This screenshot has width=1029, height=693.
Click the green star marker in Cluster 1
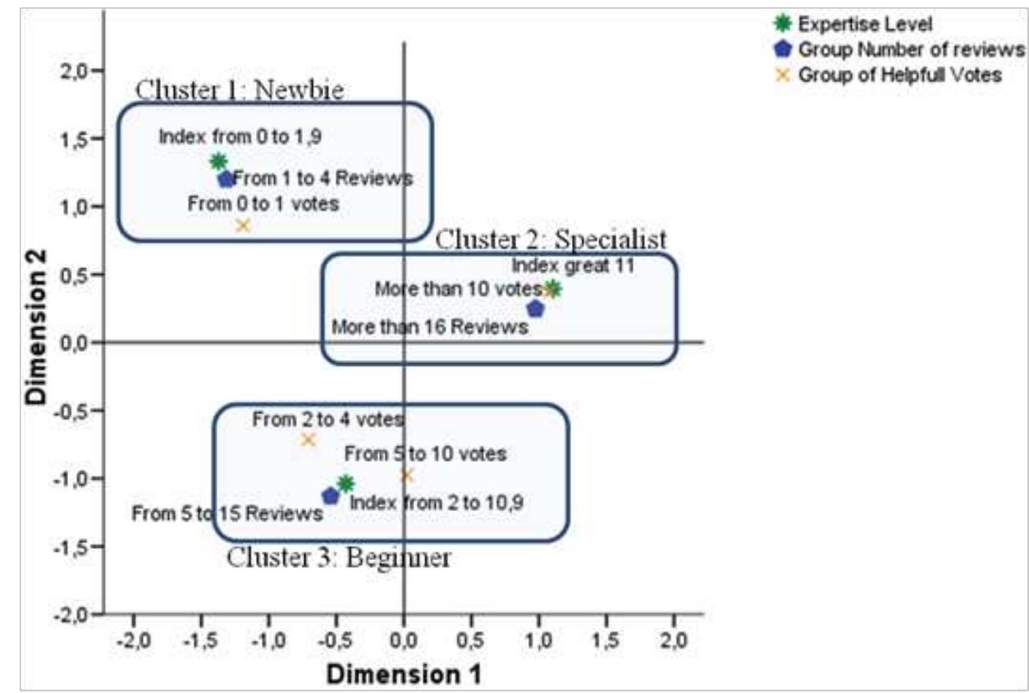(217, 162)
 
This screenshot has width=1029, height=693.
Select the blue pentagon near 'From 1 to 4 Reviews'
(226, 179)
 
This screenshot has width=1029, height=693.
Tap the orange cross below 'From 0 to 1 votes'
(243, 226)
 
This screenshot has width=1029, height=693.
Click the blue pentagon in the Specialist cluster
(535, 309)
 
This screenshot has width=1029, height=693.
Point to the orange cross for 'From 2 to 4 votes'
(308, 440)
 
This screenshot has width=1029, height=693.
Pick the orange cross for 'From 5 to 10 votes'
(406, 475)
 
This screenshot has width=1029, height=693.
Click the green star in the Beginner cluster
(346, 483)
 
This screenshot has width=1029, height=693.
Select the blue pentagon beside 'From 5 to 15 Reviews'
(331, 496)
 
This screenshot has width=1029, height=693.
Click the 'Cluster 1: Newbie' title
(239, 89)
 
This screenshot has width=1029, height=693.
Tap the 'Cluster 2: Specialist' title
(551, 239)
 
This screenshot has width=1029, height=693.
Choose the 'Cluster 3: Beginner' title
(338, 559)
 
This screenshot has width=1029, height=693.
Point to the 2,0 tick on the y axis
(75, 71)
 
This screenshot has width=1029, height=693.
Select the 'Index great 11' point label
(573, 266)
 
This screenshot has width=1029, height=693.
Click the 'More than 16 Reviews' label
(429, 327)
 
